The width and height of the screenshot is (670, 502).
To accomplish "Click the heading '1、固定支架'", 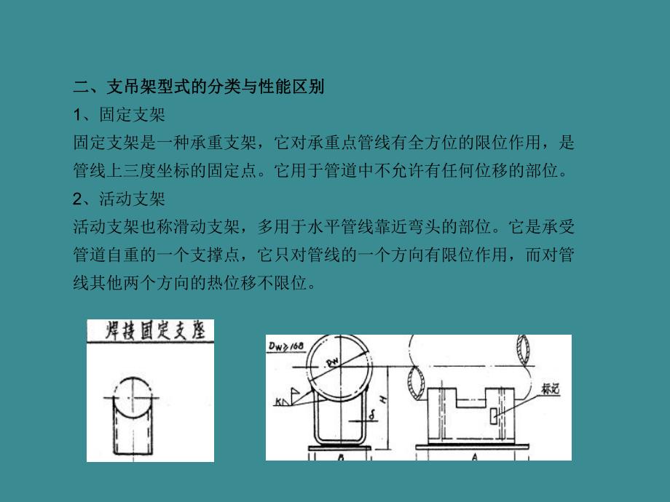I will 119,115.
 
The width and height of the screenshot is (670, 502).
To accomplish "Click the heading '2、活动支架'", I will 119,199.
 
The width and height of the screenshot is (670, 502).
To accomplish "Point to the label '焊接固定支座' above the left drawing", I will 151,332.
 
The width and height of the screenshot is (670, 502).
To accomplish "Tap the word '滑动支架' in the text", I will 214,227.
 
